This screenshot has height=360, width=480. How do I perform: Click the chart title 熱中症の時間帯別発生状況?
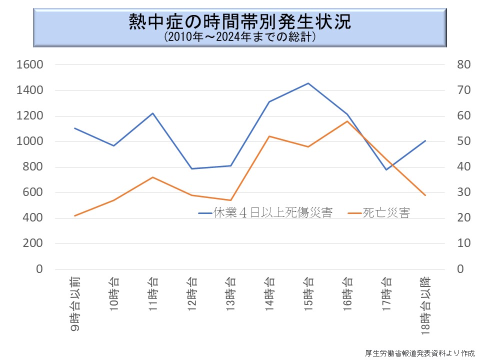point(240,21)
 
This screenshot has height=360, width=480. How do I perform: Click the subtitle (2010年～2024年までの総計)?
point(240,37)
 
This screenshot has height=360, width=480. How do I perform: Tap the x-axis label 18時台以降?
point(425,305)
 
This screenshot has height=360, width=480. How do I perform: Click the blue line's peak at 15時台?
point(308,83)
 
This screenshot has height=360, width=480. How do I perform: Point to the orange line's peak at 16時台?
point(347,121)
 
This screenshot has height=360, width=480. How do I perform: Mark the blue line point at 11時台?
point(152,113)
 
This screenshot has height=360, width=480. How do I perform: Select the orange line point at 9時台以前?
point(74,215)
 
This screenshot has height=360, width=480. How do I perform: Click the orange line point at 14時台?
point(269,136)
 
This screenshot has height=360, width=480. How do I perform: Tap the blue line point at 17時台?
point(386,169)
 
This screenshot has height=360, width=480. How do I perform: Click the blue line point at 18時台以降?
point(425,140)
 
